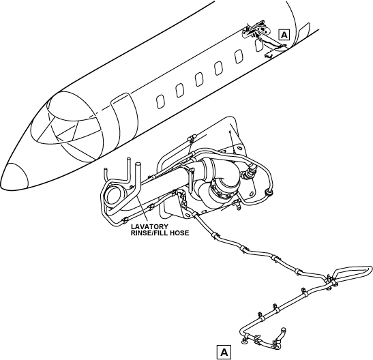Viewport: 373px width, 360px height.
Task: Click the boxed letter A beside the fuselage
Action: [x=284, y=35]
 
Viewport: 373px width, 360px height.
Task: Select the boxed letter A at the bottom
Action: [x=224, y=352]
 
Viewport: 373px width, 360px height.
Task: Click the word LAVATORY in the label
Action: [x=149, y=227]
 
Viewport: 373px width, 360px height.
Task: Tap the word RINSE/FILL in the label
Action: [x=149, y=232]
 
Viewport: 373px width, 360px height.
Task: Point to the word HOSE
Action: [x=179, y=232]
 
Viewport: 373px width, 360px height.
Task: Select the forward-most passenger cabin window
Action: [x=160, y=102]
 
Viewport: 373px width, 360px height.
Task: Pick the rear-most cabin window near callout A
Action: [x=258, y=45]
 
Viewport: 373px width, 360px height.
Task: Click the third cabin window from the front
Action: [x=199, y=79]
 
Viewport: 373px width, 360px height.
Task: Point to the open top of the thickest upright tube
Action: [x=138, y=164]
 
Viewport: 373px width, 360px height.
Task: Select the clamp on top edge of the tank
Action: [x=192, y=138]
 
